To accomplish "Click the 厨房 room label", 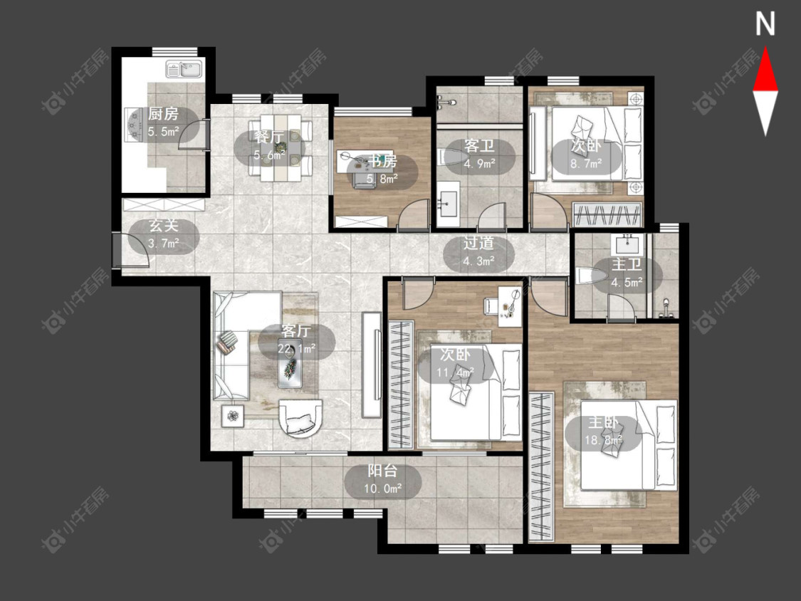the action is [164, 113].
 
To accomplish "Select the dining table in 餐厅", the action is [280, 147].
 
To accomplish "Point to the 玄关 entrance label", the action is [164, 226].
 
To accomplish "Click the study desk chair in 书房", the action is [364, 181].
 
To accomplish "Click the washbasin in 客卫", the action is [448, 204].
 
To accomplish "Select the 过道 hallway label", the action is [478, 244].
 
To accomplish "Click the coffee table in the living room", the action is [290, 362].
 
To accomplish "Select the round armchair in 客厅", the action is [301, 417].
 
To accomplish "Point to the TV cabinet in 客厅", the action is [372, 365].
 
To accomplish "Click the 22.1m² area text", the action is [296, 349].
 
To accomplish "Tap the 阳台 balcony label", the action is [382, 471].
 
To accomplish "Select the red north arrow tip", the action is [765, 48].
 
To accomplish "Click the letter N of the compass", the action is [765, 24].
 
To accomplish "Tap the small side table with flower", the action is [234, 416].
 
